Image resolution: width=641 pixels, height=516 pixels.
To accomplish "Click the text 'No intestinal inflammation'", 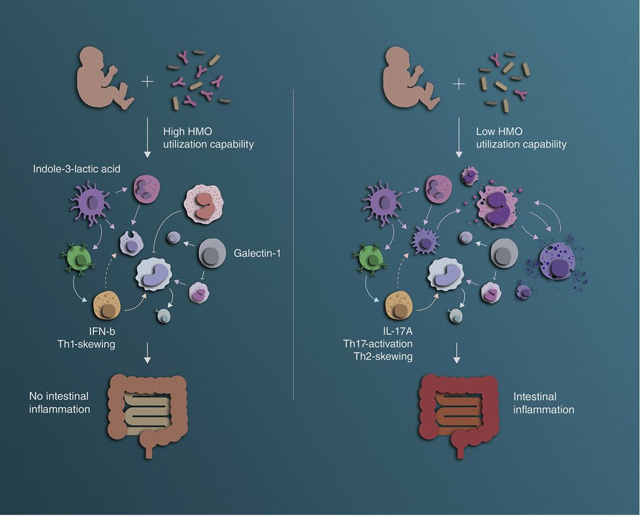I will click(x=58, y=403).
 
